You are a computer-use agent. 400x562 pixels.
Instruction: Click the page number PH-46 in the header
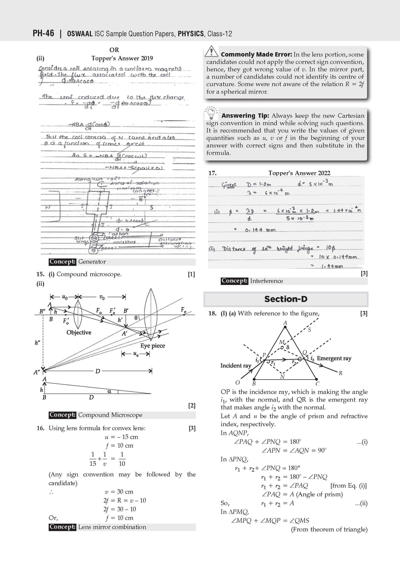[43, 34]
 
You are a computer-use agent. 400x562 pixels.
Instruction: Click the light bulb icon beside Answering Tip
[211, 113]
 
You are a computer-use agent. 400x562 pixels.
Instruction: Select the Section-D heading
[286, 299]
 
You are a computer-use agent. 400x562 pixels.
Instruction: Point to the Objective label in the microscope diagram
[79, 333]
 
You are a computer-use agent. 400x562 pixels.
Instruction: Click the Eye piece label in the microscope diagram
[153, 346]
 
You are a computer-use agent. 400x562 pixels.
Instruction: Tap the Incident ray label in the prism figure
[236, 366]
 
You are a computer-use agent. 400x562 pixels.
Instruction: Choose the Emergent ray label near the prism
[334, 358]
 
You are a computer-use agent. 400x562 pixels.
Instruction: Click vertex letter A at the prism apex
[285, 323]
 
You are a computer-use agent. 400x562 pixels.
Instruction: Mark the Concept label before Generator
[62, 262]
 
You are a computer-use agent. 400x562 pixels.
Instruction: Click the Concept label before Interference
[234, 281]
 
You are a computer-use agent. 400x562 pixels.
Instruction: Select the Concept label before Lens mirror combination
[62, 527]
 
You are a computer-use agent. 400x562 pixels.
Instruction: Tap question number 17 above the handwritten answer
[212, 173]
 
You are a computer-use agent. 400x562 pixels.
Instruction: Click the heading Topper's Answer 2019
[122, 59]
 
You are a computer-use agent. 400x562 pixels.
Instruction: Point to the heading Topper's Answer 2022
[299, 173]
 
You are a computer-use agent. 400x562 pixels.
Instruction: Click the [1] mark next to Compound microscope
[191, 274]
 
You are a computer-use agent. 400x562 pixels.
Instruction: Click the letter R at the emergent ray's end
[341, 373]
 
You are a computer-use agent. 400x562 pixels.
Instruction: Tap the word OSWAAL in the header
[80, 34]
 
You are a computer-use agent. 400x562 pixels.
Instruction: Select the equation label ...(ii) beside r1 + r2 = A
[361, 503]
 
